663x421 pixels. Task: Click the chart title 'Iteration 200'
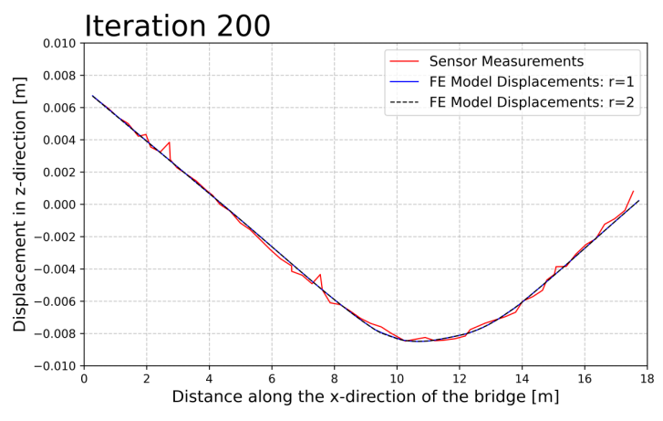tap(177, 26)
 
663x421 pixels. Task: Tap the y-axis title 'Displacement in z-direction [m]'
tap(20, 205)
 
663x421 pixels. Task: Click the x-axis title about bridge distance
tap(366, 397)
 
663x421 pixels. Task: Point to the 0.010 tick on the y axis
tap(57, 43)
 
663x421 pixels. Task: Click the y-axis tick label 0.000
tap(57, 205)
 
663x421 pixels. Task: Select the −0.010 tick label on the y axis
tap(53, 366)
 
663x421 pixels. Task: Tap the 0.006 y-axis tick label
tap(57, 108)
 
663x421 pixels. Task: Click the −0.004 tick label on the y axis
tap(53, 269)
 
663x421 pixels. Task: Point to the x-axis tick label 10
tap(397, 376)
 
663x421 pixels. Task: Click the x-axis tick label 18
tap(647, 376)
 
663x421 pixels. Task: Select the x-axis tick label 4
tap(209, 376)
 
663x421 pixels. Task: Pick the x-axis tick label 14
tap(522, 376)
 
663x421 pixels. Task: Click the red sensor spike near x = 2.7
tap(169, 142)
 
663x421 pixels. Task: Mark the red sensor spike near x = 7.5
tap(320, 274)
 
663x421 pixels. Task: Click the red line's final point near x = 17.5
tap(633, 192)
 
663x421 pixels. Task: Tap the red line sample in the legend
tap(404, 62)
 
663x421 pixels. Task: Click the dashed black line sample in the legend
tap(404, 102)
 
